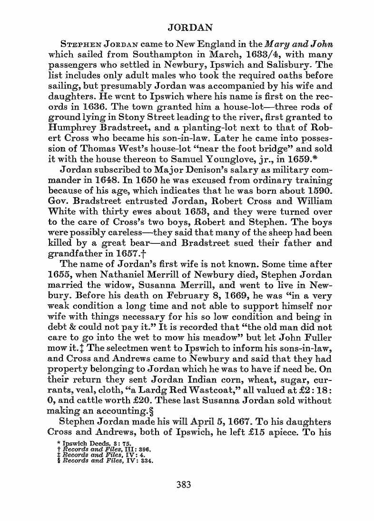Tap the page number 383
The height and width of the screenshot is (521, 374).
[x=183, y=485]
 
